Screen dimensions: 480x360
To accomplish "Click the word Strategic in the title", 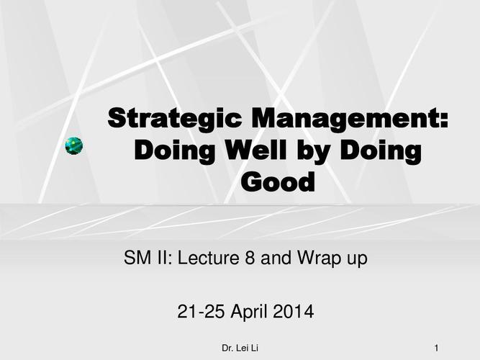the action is tap(175, 120).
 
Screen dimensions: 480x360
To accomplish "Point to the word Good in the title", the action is tap(278, 181).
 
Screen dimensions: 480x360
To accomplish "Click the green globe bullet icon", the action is tap(74, 146).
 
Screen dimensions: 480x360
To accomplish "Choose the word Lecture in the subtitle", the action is tap(209, 257).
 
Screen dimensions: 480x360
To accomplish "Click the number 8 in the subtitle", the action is tap(250, 257).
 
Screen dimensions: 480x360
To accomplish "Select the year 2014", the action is tap(293, 311).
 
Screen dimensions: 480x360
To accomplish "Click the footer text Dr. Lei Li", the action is tap(240, 348).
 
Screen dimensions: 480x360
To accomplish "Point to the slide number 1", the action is tap(437, 348).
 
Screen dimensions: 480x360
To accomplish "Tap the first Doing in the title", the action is tap(174, 151).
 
